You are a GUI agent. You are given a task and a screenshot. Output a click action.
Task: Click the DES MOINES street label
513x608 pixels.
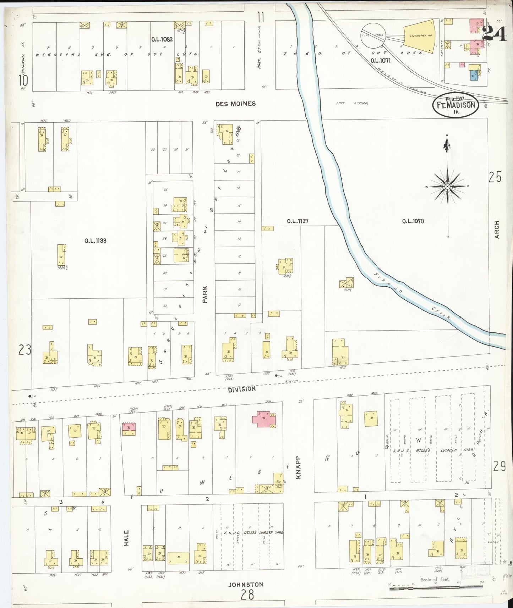click(x=235, y=104)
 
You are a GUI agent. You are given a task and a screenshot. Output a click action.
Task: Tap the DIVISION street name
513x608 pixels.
click(x=242, y=389)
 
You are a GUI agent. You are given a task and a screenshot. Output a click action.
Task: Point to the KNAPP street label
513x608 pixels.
click(x=299, y=467)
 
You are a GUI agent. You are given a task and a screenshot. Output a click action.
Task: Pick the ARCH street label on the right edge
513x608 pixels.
click(x=496, y=230)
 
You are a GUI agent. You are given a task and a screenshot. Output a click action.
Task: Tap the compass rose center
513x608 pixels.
click(x=447, y=186)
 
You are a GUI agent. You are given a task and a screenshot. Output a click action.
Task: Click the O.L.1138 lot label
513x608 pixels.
click(x=95, y=241)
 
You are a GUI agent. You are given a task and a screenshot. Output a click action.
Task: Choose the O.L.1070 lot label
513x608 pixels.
click(x=413, y=221)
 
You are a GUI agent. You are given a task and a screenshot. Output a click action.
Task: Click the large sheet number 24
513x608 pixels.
click(x=494, y=34)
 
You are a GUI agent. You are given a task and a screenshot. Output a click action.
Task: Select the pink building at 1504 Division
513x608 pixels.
click(x=264, y=419)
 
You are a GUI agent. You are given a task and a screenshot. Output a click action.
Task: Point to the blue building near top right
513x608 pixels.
click(x=473, y=75)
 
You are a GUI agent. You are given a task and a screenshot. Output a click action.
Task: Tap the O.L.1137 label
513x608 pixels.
click(x=298, y=221)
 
